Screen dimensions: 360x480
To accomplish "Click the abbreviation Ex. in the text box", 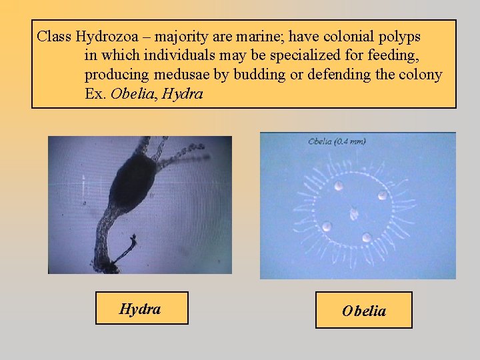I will (95, 94).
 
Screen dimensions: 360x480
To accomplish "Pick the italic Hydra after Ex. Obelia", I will (182, 94).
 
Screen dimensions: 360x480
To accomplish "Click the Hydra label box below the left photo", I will (141, 309).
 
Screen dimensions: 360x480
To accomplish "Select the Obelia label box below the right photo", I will (363, 311).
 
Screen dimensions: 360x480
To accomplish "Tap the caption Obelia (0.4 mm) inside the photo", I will (337, 141).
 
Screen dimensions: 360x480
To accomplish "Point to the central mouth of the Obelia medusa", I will (353, 214).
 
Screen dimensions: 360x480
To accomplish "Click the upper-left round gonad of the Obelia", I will (339, 186).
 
